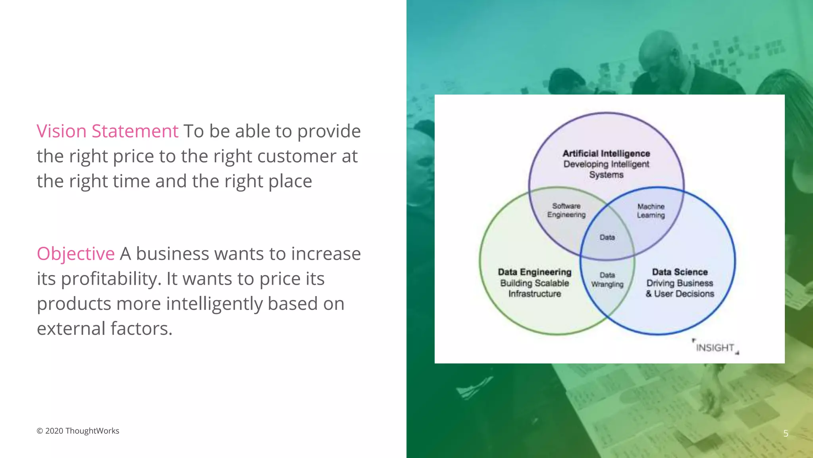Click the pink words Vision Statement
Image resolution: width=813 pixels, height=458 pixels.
(107, 131)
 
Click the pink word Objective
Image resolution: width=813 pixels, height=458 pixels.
(75, 254)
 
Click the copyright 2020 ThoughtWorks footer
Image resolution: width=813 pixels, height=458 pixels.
(78, 431)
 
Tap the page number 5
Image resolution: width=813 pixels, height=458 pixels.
(786, 433)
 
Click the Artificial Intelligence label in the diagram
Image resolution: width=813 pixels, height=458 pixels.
(606, 153)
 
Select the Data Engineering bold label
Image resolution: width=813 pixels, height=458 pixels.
(534, 272)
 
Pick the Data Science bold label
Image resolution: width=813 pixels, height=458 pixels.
(680, 272)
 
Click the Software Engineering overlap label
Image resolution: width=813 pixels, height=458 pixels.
(566, 210)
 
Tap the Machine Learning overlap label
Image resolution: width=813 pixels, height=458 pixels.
(651, 211)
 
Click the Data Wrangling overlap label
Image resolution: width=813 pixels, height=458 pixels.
(607, 279)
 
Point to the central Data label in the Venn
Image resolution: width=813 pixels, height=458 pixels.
(607, 237)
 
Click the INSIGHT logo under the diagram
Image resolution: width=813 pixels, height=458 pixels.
(715, 347)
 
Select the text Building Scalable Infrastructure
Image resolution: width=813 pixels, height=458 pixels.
(534, 289)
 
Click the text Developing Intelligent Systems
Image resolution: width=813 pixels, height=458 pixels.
(606, 170)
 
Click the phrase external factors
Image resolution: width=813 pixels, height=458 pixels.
(104, 329)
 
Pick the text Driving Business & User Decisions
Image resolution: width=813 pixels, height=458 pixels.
(680, 289)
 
